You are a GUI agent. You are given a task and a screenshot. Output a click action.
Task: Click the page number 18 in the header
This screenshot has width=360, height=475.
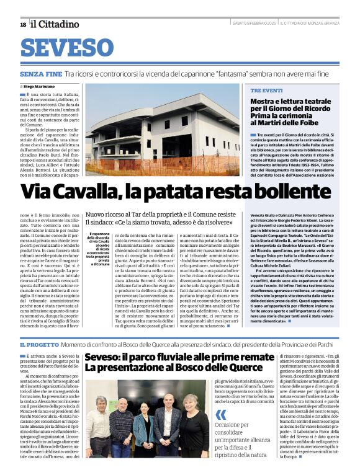tap(23, 24)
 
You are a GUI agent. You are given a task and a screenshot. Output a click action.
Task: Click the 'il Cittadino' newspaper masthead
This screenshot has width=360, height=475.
tap(56, 24)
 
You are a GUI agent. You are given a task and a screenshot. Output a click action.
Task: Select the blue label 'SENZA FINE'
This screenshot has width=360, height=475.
tap(40, 74)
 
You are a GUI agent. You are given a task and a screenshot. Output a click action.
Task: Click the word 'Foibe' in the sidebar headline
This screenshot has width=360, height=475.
tap(306, 123)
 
